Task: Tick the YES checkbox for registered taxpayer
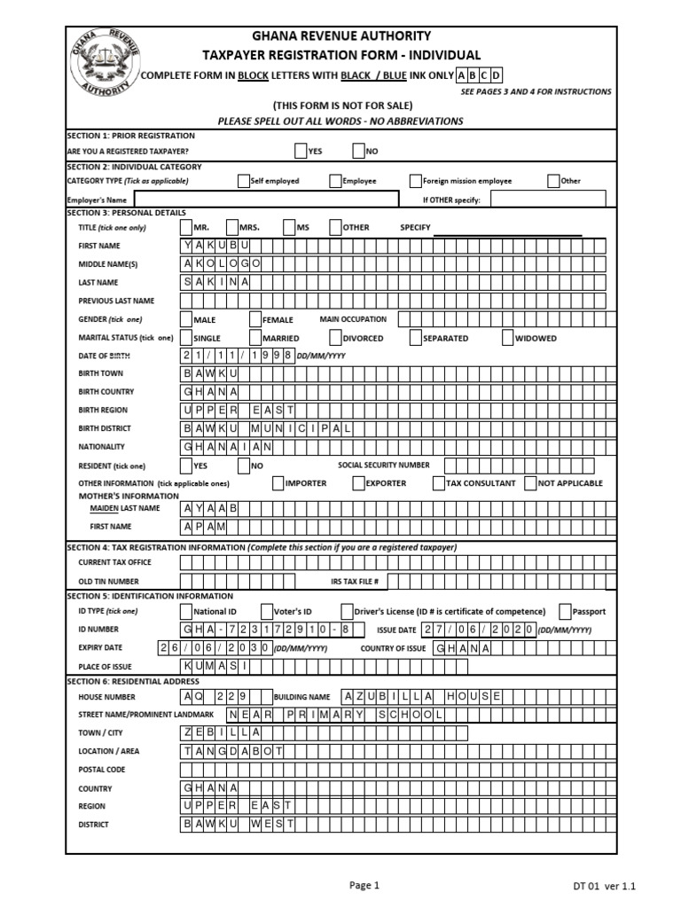coord(300,151)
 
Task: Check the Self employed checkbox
coord(244,180)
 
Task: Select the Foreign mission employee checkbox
coord(415,180)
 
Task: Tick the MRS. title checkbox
coord(232,227)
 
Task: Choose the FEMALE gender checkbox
coord(255,319)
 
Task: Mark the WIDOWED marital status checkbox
coord(507,338)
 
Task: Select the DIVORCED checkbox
coord(335,338)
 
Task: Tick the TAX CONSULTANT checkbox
coord(439,483)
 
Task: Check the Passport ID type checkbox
coord(565,611)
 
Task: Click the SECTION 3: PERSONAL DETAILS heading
coord(127,213)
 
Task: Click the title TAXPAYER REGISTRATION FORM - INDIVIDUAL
coord(341,55)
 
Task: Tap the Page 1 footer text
coord(364,884)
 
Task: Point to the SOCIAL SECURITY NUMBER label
coord(384,465)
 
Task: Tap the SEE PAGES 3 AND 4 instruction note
coord(536,91)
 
